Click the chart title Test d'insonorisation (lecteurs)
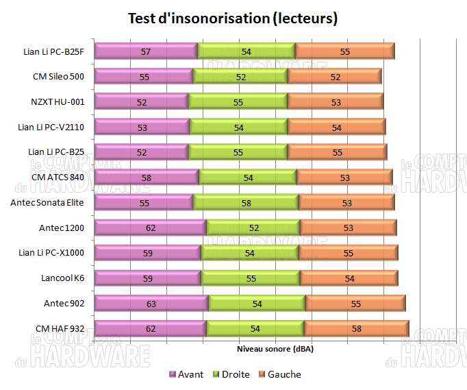233,19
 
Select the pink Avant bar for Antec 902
151,304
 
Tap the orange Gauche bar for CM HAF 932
356,329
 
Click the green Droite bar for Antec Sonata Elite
245,202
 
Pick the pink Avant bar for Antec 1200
150,228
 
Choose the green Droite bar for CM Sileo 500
240,77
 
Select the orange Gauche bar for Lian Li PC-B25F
344,51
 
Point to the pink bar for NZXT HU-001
141,102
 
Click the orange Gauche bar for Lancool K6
349,278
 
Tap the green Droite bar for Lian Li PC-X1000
249,253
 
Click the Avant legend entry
186,374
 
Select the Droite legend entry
233,374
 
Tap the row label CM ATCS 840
58,177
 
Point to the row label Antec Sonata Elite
47,202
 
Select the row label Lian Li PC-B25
56,151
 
